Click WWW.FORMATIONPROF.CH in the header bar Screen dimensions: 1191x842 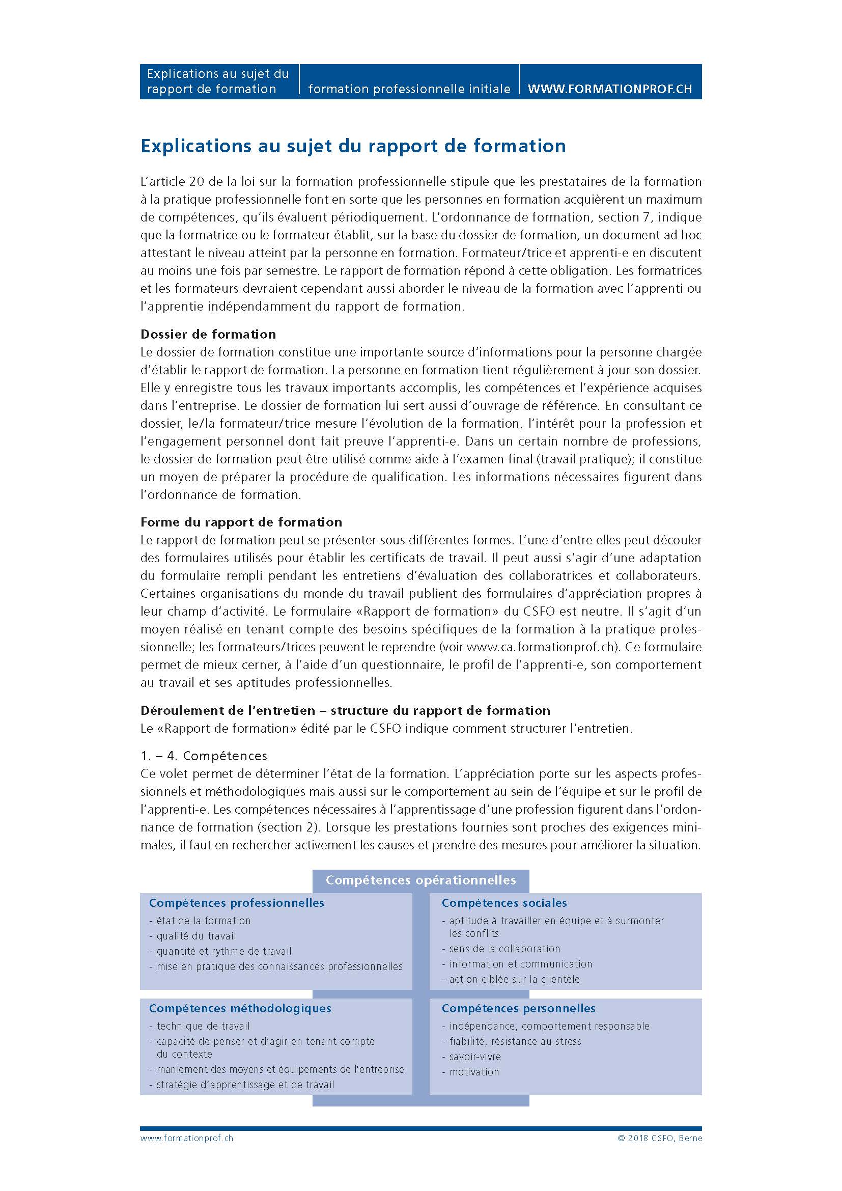click(609, 89)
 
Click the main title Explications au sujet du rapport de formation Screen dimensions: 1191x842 click(353, 146)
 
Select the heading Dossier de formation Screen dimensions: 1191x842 click(208, 334)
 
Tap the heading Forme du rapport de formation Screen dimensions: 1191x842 click(241, 522)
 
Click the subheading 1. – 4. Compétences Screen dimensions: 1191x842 click(204, 756)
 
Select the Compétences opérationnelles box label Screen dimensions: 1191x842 click(420, 880)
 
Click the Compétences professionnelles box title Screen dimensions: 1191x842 click(236, 903)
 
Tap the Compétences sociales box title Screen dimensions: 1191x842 click(504, 903)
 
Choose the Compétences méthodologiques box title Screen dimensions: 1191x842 click(240, 1008)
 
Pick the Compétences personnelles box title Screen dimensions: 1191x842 click(518, 1008)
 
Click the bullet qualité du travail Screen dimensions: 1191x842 click(196, 936)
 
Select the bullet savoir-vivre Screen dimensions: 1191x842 click(474, 1056)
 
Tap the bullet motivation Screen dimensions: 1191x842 click(473, 1072)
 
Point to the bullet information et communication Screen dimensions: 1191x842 click(520, 964)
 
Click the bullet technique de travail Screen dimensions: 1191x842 click(203, 1026)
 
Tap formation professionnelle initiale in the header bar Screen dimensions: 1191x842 click(409, 89)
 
